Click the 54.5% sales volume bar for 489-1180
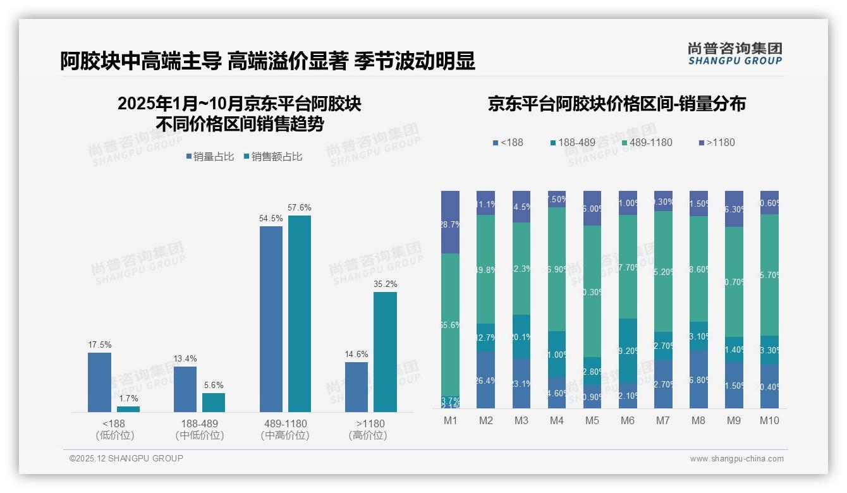pyautogui.click(x=271, y=319)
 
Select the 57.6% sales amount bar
pyautogui.click(x=300, y=314)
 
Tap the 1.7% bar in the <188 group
pyautogui.click(x=128, y=409)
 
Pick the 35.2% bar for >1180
pyautogui.click(x=385, y=352)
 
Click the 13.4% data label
pyautogui.click(x=185, y=359)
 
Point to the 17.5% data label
pyautogui.click(x=99, y=345)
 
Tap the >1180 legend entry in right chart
pyautogui.click(x=717, y=142)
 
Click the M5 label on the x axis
pyautogui.click(x=592, y=420)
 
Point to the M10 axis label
pyautogui.click(x=769, y=420)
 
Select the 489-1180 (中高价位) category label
pyautogui.click(x=285, y=429)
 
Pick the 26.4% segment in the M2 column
pyautogui.click(x=485, y=380)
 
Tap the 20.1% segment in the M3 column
pyautogui.click(x=521, y=337)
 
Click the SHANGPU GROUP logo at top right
pyautogui.click(x=734, y=54)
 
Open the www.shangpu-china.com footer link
pyautogui.click(x=736, y=459)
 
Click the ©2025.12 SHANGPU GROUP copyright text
pyautogui.click(x=126, y=458)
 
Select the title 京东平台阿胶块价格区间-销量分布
pyautogui.click(x=616, y=104)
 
